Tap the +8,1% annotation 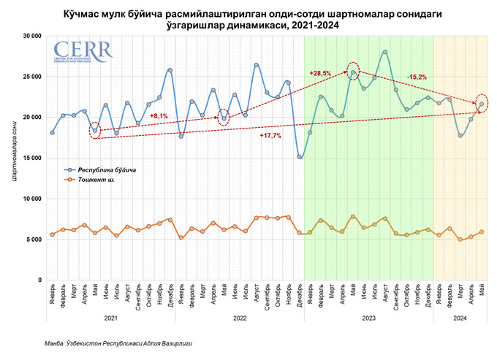coord(159,116)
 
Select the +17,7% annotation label coord(270,136)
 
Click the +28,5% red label coord(320,73)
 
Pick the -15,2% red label coord(418,77)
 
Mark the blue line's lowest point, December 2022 coord(300,157)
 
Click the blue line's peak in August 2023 coord(385,52)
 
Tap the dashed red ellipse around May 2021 coord(95,131)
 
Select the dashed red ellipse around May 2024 coord(482,104)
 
